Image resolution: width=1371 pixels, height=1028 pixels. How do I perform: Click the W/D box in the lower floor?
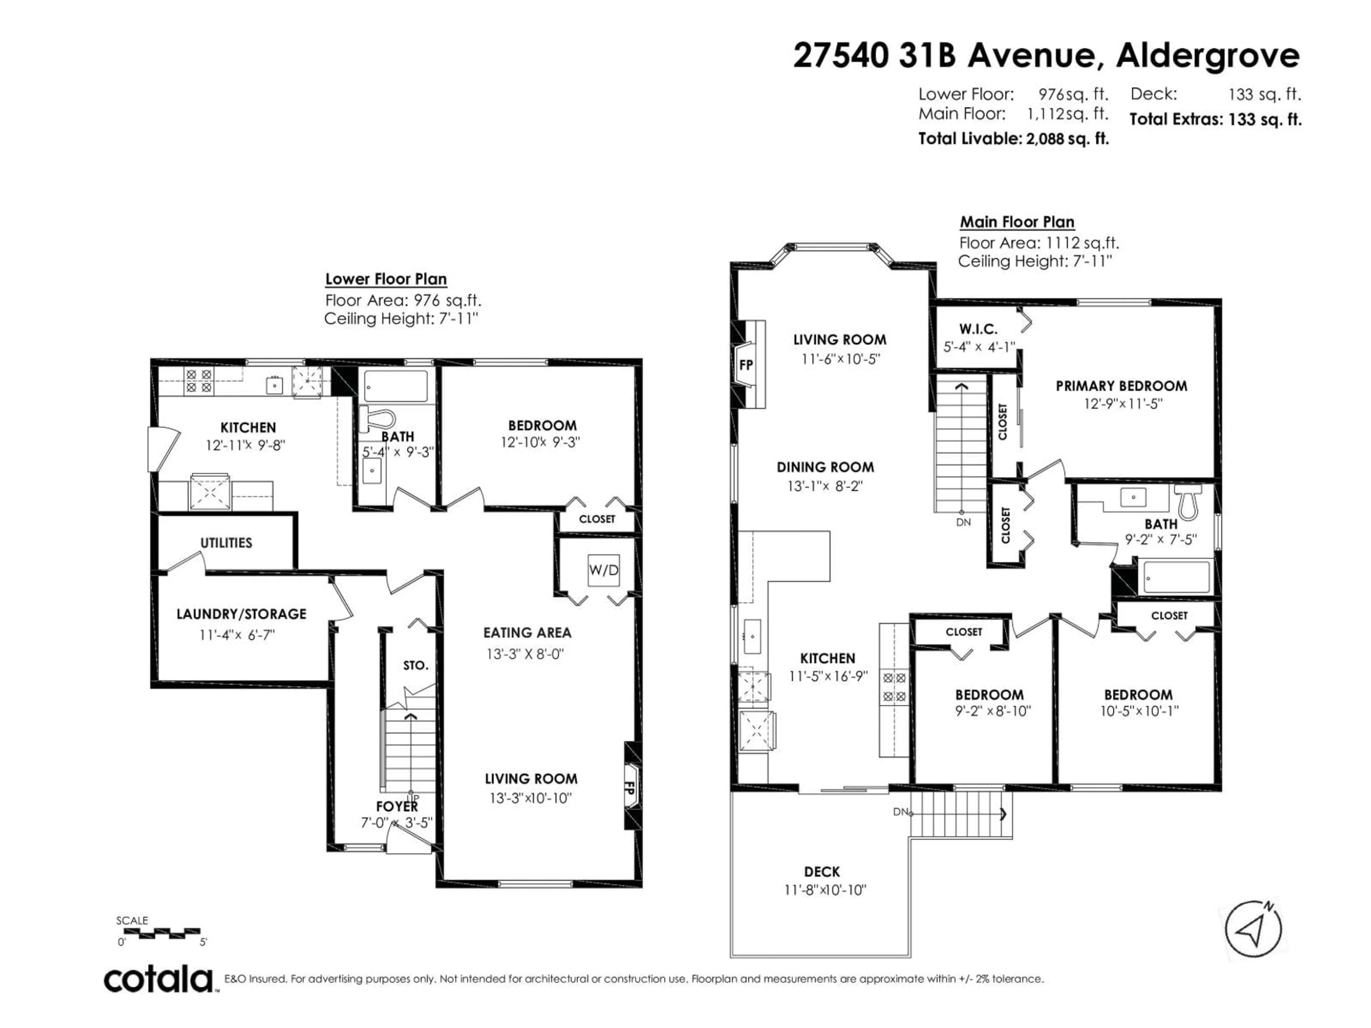[x=603, y=570]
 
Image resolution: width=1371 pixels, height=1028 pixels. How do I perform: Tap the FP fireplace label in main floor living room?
[x=745, y=365]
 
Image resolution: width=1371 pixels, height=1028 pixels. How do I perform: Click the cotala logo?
[x=159, y=980]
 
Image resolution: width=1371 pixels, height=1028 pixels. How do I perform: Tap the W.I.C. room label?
[x=978, y=329]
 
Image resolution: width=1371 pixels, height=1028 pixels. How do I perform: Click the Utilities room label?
[x=226, y=543]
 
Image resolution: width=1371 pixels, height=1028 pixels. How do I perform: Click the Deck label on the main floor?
[x=822, y=872]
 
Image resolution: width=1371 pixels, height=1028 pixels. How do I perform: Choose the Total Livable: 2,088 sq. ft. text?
[x=1013, y=139]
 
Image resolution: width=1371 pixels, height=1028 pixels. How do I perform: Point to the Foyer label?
[x=397, y=806]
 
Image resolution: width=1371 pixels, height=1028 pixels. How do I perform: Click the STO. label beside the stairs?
[x=415, y=665]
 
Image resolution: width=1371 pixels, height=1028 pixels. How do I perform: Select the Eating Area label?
[x=527, y=633]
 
